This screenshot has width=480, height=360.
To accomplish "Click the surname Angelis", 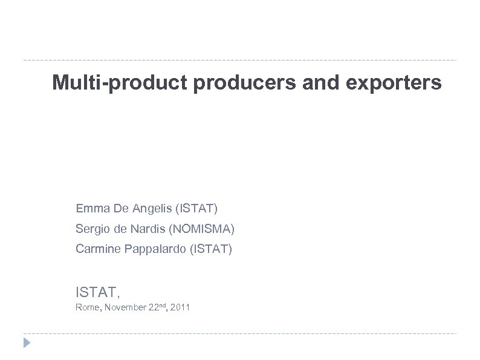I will point(150,209).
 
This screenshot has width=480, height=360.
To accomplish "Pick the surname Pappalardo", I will point(154,248).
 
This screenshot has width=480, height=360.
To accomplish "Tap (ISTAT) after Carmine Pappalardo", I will point(211,248).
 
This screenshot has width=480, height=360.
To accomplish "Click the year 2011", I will point(180,308).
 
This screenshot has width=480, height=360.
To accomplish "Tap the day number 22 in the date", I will point(153,308).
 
